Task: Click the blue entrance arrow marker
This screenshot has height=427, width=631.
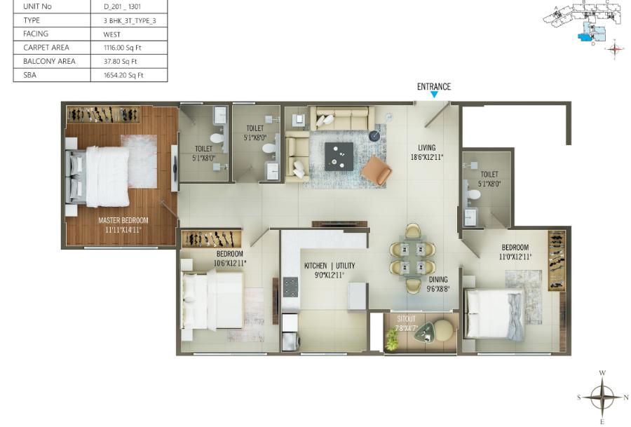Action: [434, 95]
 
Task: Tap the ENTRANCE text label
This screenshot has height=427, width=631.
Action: [434, 87]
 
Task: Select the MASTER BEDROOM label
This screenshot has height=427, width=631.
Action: [123, 220]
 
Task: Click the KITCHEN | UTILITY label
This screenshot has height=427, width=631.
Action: [330, 266]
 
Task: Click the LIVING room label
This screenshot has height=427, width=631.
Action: [427, 148]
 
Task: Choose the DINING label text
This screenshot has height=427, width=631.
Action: [439, 279]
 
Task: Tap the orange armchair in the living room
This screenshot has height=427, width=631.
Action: [376, 170]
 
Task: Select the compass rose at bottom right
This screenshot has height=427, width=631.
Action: [602, 397]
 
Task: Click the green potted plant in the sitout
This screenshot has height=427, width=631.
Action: [392, 339]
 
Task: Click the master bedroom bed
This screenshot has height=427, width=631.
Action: [102, 176]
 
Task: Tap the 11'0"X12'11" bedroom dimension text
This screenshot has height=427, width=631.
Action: [515, 257]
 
